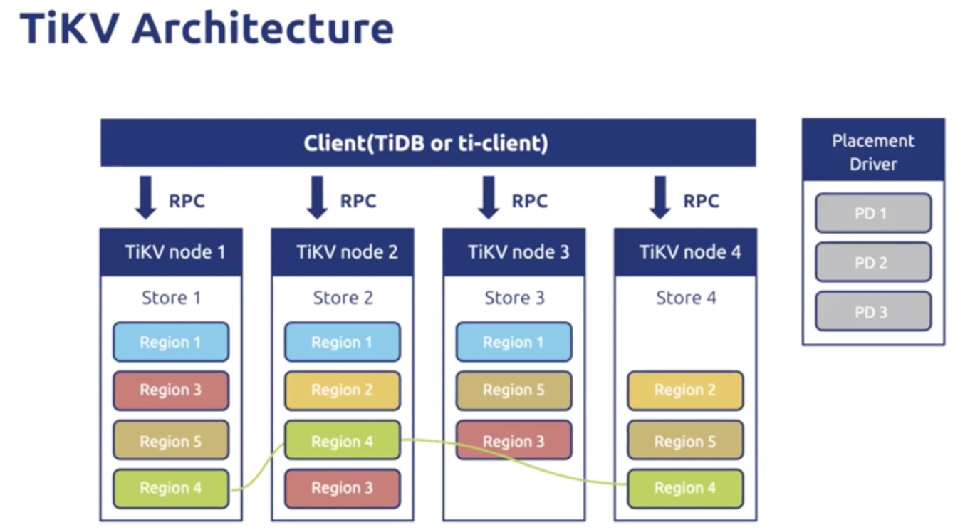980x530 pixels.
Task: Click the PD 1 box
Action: click(x=873, y=213)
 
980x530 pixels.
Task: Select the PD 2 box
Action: click(x=873, y=262)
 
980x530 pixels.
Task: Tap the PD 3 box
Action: click(x=873, y=311)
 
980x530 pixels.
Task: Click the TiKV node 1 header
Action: click(x=171, y=252)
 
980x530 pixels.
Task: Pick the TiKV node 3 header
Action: click(x=514, y=252)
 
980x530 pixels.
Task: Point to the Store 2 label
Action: click(x=343, y=298)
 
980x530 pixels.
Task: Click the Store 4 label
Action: click(x=686, y=298)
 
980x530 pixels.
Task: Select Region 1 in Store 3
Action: click(x=514, y=342)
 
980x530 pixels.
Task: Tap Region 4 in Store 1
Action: click(x=171, y=489)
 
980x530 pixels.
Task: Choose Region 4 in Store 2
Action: click(x=343, y=440)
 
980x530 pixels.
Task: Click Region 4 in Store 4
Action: click(x=686, y=489)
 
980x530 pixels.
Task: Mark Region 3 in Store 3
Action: click(x=514, y=440)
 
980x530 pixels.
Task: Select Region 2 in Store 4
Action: click(x=686, y=390)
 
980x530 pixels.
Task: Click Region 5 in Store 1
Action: click(x=171, y=440)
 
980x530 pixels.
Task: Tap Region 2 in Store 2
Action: click(x=343, y=390)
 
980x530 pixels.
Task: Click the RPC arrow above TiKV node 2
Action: click(x=317, y=197)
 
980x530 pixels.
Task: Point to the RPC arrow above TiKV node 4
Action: click(x=660, y=197)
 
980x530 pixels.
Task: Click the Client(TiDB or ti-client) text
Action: click(x=426, y=143)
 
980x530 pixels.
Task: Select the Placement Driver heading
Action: click(x=873, y=152)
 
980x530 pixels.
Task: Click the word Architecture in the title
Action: click(x=263, y=28)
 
